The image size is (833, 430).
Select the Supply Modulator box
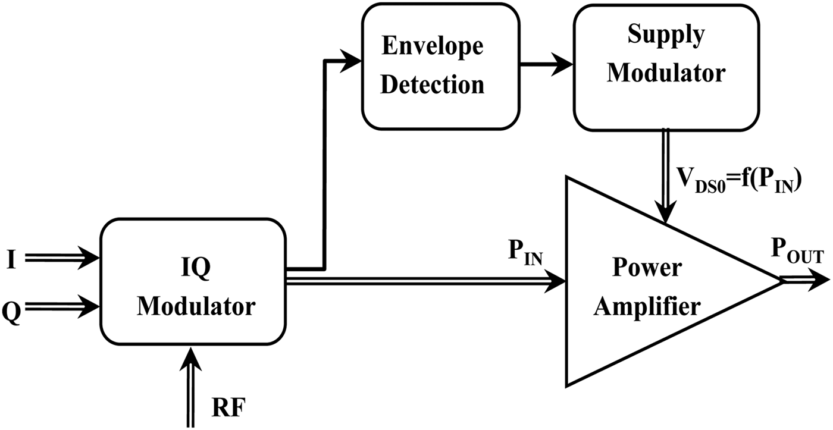(666, 67)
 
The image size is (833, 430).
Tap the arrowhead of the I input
(92, 258)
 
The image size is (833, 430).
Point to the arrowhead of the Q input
(92, 307)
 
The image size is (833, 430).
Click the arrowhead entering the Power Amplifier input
(556, 280)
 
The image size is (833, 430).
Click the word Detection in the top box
(432, 84)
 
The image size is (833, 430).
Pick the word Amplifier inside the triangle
(647, 307)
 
